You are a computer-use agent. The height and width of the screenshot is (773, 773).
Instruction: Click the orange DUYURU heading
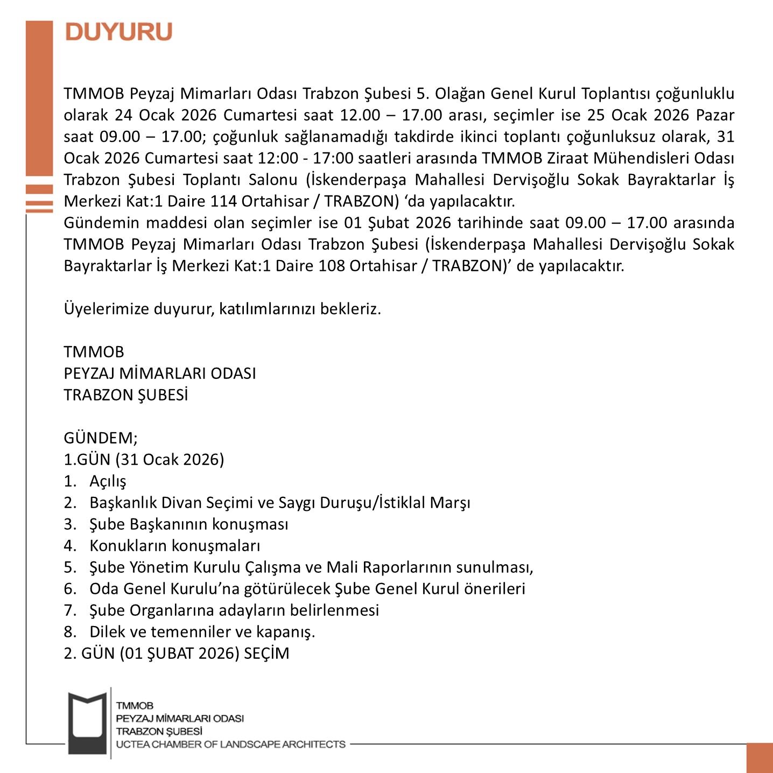(x=118, y=32)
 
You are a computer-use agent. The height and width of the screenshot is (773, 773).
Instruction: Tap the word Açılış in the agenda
(x=108, y=481)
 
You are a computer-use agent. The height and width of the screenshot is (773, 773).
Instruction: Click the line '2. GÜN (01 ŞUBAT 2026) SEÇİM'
(x=177, y=653)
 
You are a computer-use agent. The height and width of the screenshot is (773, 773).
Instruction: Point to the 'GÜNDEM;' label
(x=101, y=438)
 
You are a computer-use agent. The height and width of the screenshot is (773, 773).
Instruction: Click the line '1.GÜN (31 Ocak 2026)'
(x=144, y=460)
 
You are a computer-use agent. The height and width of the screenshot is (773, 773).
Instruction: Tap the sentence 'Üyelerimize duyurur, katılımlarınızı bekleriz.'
(x=222, y=309)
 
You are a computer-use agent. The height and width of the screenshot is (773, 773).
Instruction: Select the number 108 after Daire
(x=331, y=266)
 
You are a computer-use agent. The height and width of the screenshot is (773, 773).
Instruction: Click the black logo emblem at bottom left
(x=87, y=722)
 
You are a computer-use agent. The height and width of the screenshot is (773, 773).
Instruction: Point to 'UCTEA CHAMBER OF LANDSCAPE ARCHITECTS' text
(x=231, y=744)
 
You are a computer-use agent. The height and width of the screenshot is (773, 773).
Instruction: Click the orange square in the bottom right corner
(x=760, y=758)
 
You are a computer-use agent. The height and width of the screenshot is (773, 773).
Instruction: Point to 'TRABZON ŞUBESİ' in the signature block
(x=126, y=395)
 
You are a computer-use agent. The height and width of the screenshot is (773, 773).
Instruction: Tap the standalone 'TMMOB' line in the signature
(x=94, y=352)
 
